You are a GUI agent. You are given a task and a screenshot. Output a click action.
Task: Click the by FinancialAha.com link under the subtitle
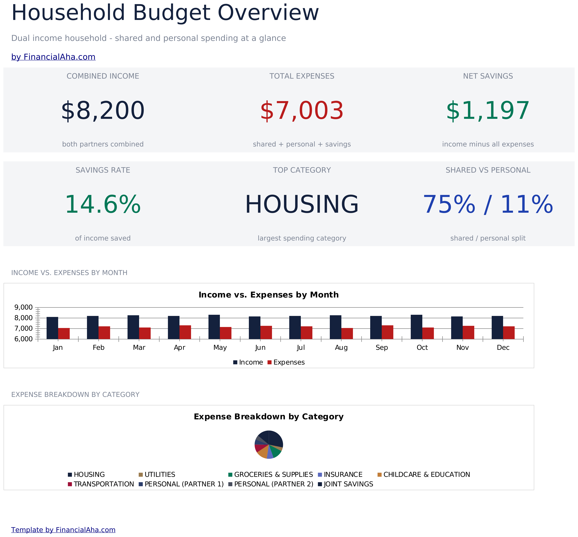[x=53, y=57]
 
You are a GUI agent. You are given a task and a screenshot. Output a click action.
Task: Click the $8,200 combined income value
[x=103, y=111]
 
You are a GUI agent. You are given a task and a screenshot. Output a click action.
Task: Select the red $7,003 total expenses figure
[x=302, y=111]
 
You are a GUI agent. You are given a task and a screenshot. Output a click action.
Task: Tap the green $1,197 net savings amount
[x=488, y=111]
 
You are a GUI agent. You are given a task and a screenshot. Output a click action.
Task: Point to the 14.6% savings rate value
[x=103, y=205]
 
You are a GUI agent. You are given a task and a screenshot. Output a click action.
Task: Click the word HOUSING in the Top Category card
[x=302, y=205]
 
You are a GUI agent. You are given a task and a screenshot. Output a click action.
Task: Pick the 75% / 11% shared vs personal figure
[x=488, y=205]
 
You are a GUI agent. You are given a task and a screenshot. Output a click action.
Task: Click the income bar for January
[x=52, y=328]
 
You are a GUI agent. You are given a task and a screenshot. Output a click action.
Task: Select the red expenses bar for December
[x=509, y=333]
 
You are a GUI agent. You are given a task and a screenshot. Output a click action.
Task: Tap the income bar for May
[x=214, y=327]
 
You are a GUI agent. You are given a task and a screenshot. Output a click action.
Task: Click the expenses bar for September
[x=387, y=332]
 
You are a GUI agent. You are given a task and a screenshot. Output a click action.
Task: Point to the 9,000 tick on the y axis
[x=23, y=307]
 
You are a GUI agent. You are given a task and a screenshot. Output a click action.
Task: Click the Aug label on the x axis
[x=341, y=348]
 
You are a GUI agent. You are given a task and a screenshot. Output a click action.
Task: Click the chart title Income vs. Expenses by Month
[x=268, y=295]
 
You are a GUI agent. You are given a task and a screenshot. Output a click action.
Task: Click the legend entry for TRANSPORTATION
[x=101, y=484]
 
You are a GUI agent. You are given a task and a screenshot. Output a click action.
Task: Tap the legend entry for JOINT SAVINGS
[x=346, y=484]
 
